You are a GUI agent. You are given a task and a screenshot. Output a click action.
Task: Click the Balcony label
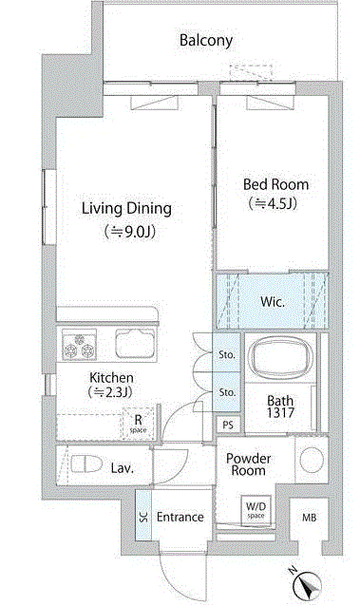click(x=206, y=41)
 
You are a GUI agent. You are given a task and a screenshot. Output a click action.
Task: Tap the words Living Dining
click(x=126, y=209)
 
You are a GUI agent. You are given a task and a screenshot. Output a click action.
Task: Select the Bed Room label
click(x=275, y=184)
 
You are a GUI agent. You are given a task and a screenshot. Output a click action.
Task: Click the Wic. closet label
click(x=273, y=301)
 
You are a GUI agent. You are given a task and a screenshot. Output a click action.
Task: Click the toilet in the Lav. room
click(x=86, y=463)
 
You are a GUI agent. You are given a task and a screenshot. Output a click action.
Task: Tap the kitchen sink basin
click(x=136, y=343)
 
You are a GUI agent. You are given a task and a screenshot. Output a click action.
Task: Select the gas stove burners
click(x=80, y=346)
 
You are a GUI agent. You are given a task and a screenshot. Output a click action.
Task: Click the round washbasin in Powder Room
click(x=312, y=460)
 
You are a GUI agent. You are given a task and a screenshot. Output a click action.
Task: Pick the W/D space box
click(x=256, y=510)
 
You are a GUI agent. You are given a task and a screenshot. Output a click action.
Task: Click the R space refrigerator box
click(x=138, y=424)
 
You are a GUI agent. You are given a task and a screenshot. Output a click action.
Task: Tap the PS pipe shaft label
click(x=228, y=425)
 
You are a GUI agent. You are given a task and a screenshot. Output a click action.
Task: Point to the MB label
click(x=309, y=518)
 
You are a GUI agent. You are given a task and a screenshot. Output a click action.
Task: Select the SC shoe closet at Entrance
click(x=143, y=515)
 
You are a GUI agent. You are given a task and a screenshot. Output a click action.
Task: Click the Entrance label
click(x=180, y=517)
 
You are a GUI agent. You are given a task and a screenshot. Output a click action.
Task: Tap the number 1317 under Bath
click(x=280, y=413)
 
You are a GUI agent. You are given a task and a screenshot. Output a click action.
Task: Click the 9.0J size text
click(x=130, y=232)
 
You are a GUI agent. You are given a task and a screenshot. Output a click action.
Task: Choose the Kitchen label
click(x=111, y=377)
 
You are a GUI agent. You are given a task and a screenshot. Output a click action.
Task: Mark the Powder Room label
click(x=248, y=464)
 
